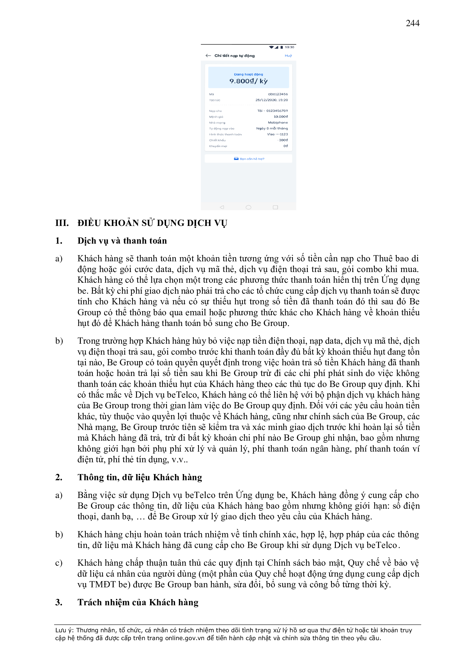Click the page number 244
pos(412,23)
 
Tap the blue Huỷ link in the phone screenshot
pos(288,56)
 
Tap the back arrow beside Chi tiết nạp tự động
pos(208,56)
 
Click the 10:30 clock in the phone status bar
pos(289,47)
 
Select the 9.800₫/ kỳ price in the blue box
pos(248,81)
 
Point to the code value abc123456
pos(278,94)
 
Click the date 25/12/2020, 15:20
pos(272,100)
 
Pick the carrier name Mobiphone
pos(278,123)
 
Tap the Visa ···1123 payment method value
pos(277,134)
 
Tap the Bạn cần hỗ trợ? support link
pos(251,159)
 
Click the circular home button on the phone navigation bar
pos(248,207)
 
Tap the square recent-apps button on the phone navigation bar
pos(275,207)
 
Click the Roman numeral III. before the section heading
pos(62,223)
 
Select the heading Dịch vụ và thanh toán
pos(122,241)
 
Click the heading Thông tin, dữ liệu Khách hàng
pos(140,477)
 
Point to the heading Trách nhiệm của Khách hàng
pos(138,602)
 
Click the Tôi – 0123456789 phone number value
pos(272,111)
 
